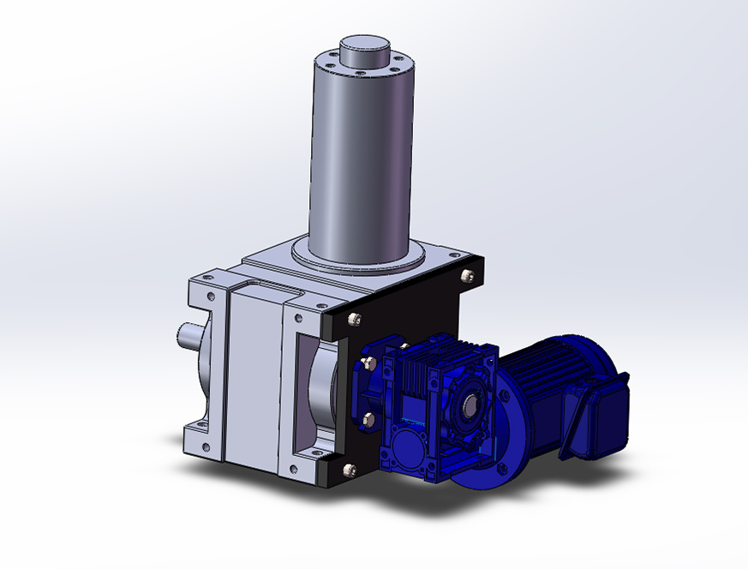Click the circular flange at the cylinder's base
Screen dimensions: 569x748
360,257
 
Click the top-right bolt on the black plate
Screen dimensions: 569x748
466,276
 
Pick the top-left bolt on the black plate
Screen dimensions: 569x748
352,320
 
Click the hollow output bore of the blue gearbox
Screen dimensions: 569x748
471,402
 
